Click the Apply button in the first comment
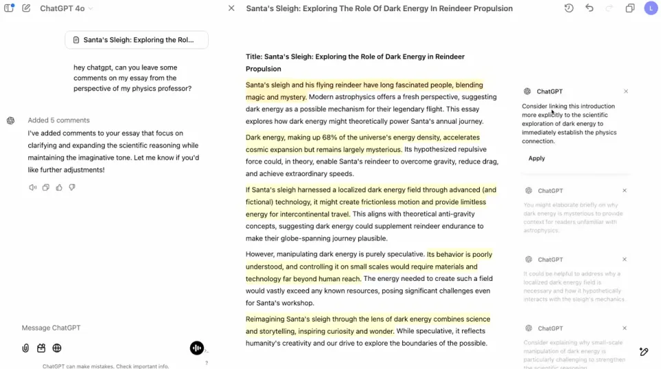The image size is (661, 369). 536,158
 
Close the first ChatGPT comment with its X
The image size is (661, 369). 626,91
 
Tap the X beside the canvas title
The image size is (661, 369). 231,8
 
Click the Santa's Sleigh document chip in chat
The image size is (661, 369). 136,40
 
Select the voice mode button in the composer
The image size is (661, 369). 197,348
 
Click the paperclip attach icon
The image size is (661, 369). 25,348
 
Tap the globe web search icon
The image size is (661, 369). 57,348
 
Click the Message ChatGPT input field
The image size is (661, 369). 103,328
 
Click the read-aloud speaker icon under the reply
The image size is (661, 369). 32,187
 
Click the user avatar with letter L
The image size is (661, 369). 651,8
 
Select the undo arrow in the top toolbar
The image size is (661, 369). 589,8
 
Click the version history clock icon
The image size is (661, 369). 569,8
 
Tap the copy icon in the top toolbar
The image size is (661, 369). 630,8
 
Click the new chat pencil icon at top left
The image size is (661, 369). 26,8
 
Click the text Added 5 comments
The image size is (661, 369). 59,120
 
